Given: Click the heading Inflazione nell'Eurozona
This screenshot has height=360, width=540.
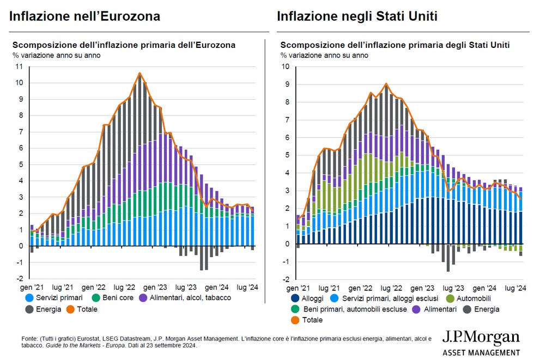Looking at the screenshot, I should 85,17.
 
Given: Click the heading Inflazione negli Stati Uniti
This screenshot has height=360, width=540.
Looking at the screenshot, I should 357,17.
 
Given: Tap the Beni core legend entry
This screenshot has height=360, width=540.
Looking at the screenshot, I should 112,298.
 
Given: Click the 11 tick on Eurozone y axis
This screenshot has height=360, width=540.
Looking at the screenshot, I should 19,67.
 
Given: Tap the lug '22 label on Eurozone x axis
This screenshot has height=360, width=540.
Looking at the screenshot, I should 126,286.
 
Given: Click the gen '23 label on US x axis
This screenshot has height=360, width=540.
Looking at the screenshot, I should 424,286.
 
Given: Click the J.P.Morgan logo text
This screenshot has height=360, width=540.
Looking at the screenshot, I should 481,338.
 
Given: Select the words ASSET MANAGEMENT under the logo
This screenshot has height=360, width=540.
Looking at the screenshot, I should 481,352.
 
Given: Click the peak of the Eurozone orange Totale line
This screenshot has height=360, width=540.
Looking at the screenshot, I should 139,73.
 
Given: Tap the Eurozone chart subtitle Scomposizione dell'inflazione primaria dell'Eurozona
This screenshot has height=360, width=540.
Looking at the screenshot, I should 124,45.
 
